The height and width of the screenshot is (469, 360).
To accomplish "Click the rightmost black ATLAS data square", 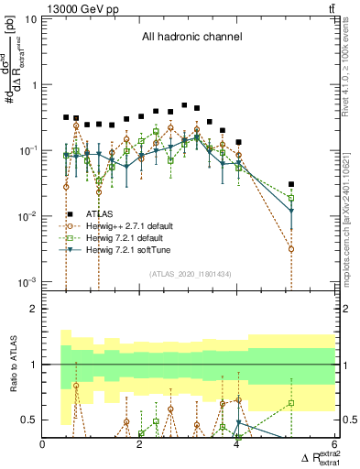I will point(291,184).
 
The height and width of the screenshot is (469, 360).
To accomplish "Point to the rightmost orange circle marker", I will point(291,249).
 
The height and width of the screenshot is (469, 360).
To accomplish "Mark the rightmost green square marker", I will point(291,198).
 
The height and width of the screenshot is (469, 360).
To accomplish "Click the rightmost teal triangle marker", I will point(291,212).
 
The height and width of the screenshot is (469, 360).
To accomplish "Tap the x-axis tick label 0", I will point(43,445).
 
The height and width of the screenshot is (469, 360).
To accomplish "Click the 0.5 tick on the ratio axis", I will point(32,420).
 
